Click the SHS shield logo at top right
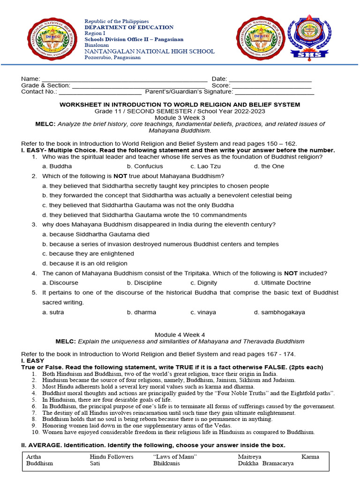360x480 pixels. coord(311,38)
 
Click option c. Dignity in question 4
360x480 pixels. coord(203,283)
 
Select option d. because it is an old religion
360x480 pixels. coord(84,263)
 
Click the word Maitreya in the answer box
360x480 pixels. coord(249,457)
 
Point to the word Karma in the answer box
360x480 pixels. coord(310,457)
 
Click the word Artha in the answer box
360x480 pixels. coord(34,457)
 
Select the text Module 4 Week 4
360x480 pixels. coord(180,334)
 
